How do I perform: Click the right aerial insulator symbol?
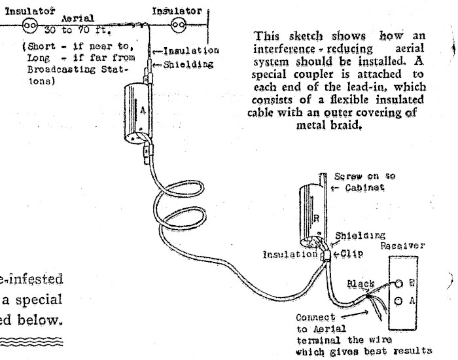(175, 26)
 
